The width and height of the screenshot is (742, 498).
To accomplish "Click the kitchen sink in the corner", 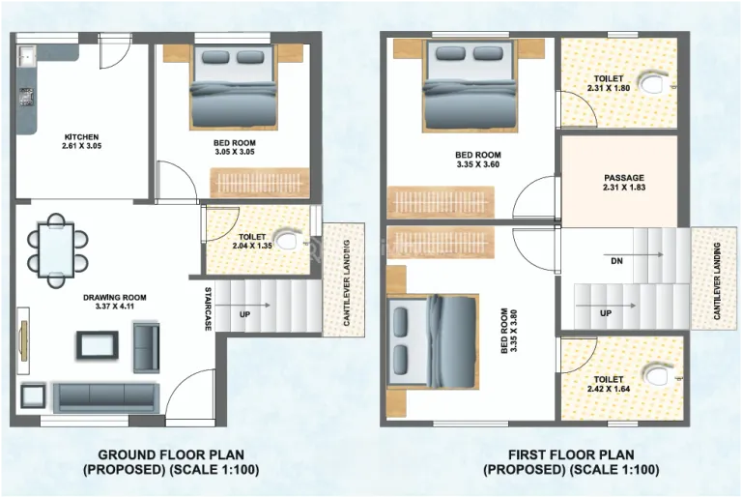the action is pos(27,56).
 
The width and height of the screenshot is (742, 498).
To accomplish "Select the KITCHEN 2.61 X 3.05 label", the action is pos(81,142).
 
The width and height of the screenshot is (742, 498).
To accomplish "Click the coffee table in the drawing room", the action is pos(98,344).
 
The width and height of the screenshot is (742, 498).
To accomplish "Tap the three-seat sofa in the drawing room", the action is pos(106,397).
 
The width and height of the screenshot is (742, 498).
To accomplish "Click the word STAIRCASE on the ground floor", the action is pos(208,308).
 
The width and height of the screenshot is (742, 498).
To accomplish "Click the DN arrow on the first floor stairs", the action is pos(643,254).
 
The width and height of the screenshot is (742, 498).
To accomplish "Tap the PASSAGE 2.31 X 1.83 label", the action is pos(624,183).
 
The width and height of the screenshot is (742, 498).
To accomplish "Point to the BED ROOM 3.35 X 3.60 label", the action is pos(478,160).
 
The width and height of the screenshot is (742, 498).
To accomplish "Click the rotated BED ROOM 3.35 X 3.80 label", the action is pos(509,331).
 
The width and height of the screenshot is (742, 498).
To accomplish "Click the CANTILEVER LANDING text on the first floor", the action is pos(717,281).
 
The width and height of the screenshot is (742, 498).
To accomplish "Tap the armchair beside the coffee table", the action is pos(146,347).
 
